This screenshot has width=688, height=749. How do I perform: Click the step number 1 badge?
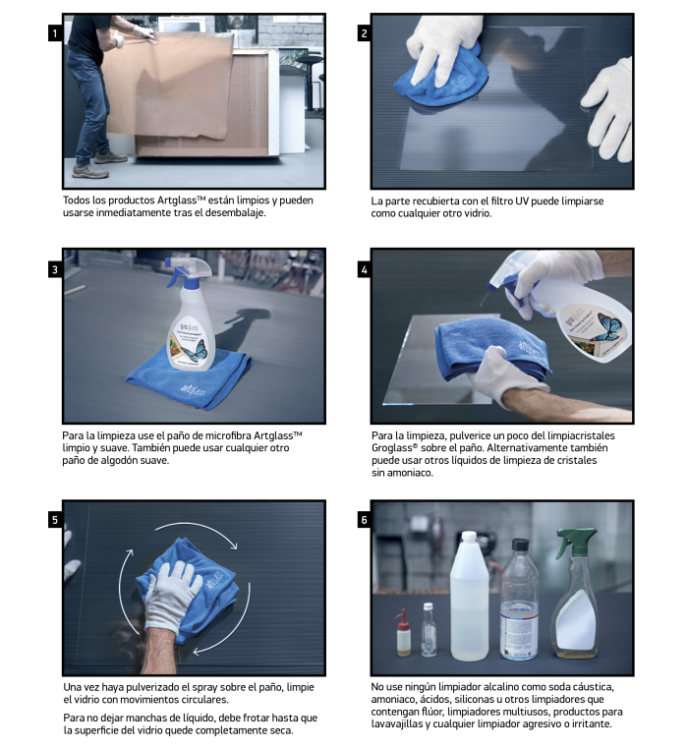coord(55,33)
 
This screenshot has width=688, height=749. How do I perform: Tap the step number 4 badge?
coord(364,270)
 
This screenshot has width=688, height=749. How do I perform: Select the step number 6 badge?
coord(364,520)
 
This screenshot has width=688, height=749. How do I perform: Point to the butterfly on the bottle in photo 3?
coord(194,351)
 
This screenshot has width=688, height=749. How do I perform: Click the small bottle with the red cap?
coord(404,633)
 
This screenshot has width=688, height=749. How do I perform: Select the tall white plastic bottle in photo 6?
coord(469,596)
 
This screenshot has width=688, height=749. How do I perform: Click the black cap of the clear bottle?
coord(520,545)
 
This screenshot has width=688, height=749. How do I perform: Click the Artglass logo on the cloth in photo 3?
coord(193,389)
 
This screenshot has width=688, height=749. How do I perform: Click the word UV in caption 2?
coord(521,202)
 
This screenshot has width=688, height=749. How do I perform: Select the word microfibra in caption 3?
coord(228,435)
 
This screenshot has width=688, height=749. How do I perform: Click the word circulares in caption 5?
coord(206,700)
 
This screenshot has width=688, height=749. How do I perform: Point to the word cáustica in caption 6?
coord(593,687)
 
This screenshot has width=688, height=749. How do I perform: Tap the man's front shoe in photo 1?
coord(90,171)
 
